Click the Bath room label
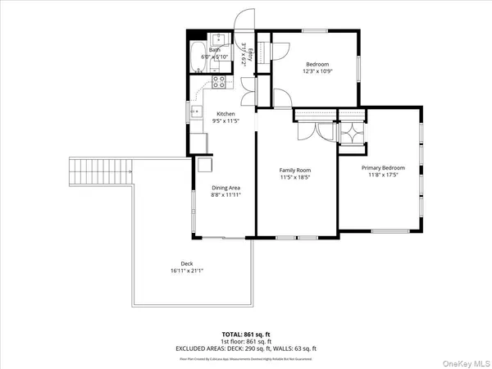tap(215, 50)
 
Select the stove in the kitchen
tap(219, 81)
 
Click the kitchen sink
tap(195, 113)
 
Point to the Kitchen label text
tap(225, 114)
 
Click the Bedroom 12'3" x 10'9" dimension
tap(318, 71)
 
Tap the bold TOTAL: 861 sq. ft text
tap(245, 335)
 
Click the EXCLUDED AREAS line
tap(245, 348)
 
